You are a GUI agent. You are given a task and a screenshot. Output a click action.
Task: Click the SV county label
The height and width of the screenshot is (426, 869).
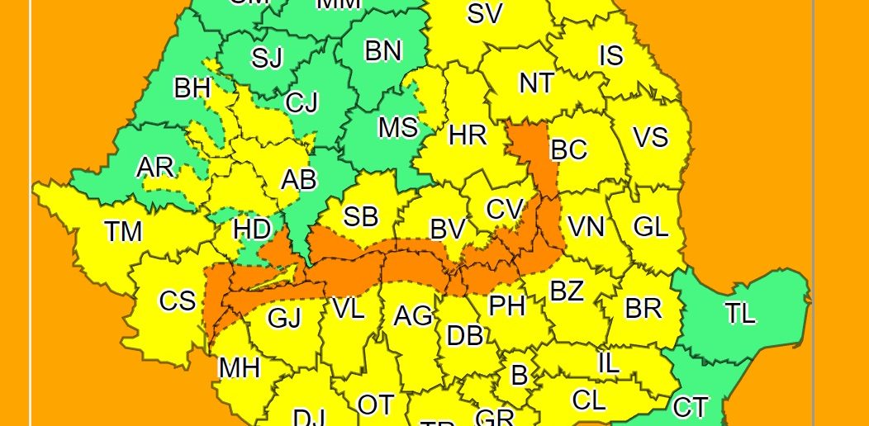485,13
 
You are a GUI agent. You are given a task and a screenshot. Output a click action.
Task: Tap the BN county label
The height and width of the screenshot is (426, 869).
383,51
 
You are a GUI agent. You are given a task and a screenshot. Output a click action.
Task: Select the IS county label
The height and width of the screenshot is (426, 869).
610,55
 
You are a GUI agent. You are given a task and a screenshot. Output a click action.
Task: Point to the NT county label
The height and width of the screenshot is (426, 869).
536,83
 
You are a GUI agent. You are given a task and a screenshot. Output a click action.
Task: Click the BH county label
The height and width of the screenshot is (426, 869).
192,88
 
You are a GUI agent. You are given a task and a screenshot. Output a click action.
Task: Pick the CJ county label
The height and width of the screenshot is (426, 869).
302,103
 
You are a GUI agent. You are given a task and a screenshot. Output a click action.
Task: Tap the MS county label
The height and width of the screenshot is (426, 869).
398,128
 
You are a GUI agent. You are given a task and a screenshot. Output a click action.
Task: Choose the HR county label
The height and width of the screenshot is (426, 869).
468,135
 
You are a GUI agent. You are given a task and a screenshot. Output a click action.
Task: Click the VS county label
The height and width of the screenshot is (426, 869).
650,137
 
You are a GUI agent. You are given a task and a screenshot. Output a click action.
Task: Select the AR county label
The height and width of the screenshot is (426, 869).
155,167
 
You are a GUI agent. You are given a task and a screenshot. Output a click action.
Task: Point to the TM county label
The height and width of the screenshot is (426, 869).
124,232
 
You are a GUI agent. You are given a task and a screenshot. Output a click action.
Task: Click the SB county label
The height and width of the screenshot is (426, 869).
361,217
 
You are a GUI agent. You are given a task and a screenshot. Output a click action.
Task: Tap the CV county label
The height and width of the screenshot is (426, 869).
504,209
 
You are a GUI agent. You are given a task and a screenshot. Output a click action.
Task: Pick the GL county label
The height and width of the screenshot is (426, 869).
650,226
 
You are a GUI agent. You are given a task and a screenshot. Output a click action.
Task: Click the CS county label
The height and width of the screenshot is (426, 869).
178,301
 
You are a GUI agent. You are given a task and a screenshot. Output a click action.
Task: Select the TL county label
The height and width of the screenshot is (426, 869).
741,314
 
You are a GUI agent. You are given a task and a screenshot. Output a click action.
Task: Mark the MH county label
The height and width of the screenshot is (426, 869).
239,368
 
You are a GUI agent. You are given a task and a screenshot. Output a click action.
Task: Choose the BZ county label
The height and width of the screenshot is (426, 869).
567,291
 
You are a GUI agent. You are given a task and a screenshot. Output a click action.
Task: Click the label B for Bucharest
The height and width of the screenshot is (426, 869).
519,375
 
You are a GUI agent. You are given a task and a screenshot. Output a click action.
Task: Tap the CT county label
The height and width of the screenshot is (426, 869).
691,407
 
